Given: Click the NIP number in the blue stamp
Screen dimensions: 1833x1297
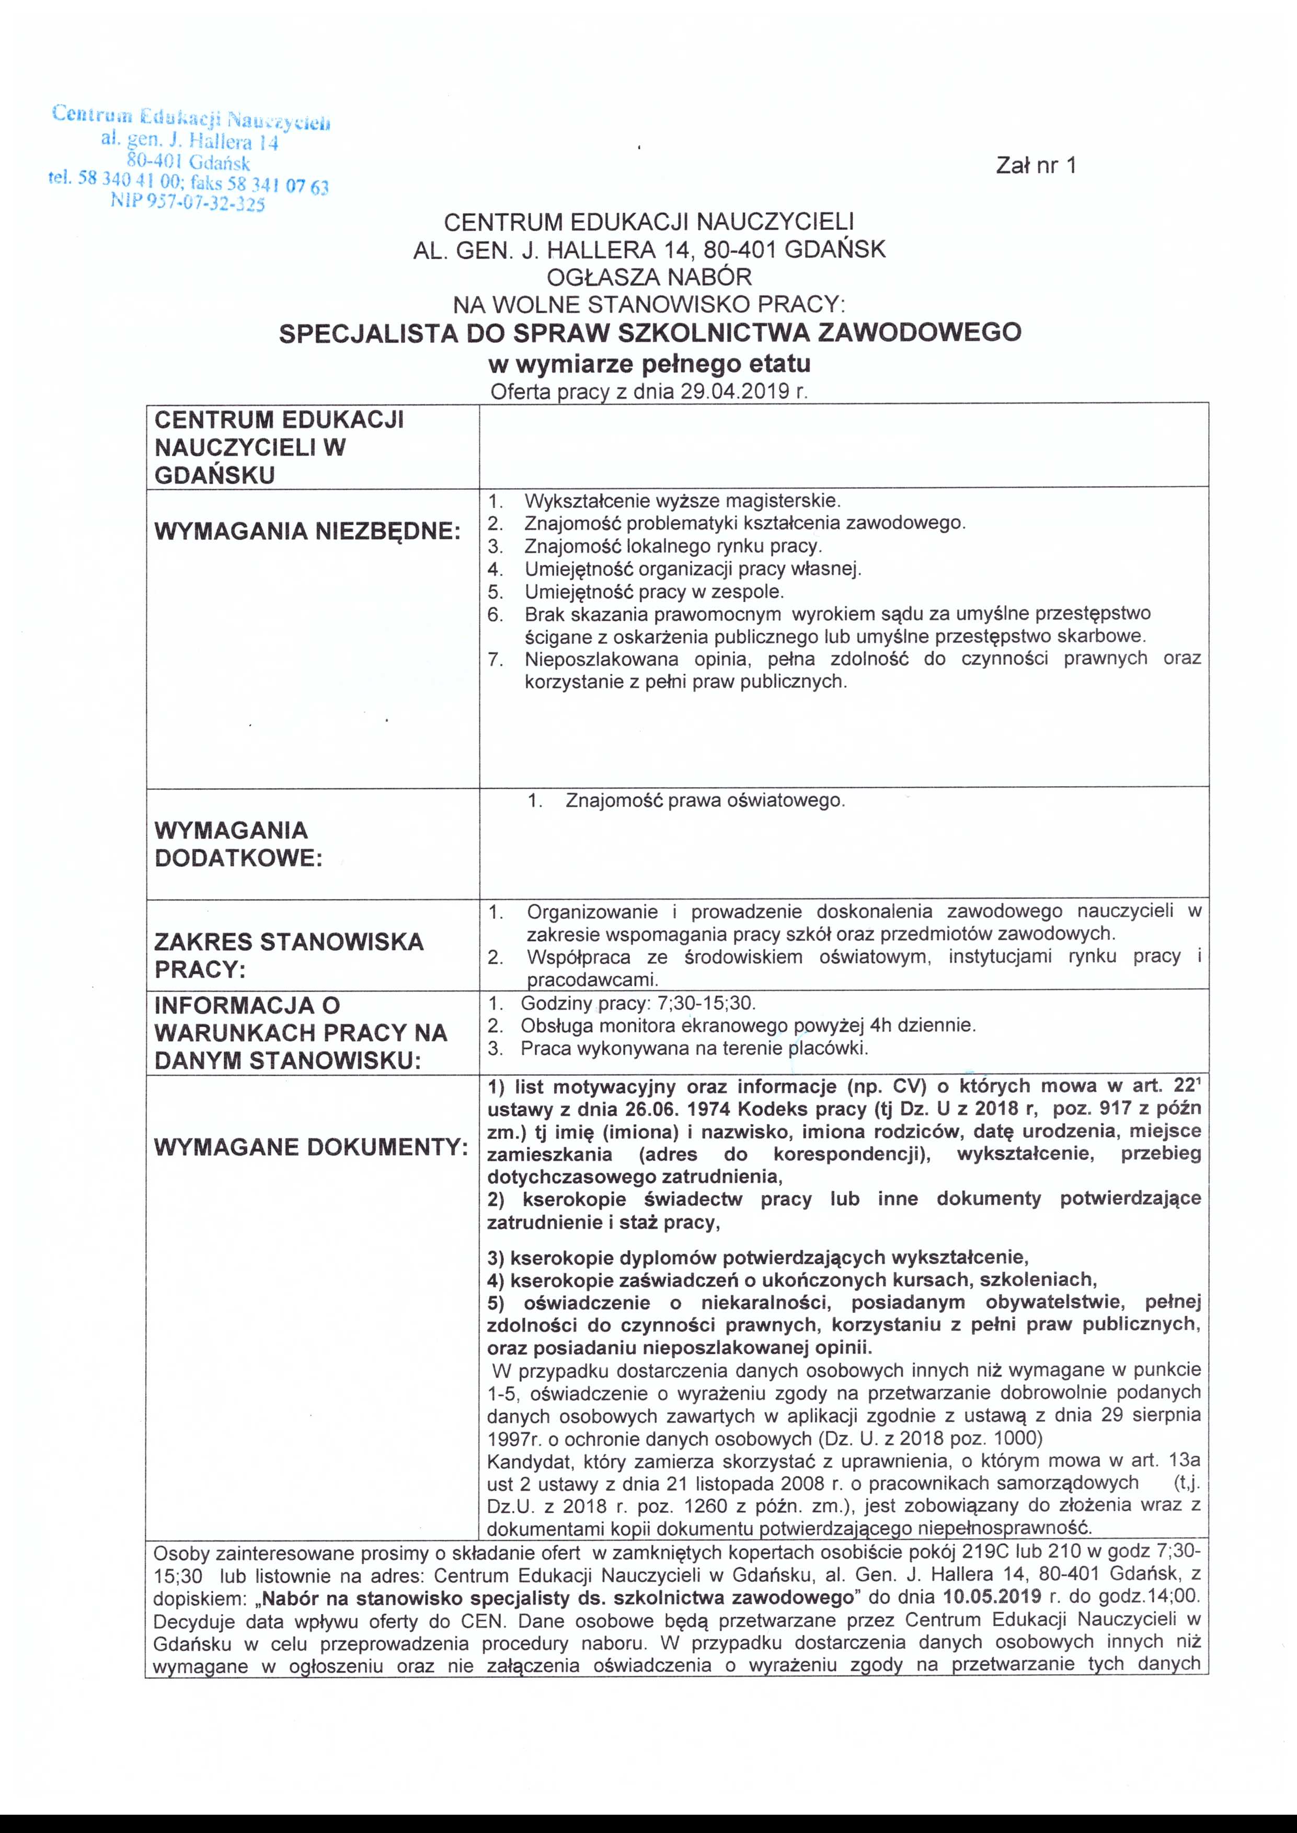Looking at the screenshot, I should [x=188, y=203].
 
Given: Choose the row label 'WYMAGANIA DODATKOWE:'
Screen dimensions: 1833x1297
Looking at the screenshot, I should [x=237, y=844].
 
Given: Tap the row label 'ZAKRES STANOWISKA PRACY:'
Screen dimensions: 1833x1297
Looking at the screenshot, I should [x=289, y=955].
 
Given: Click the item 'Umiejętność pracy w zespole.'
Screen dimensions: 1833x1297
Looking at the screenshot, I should [x=654, y=592].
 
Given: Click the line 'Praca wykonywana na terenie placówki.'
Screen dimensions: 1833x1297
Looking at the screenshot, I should [x=693, y=1048].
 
